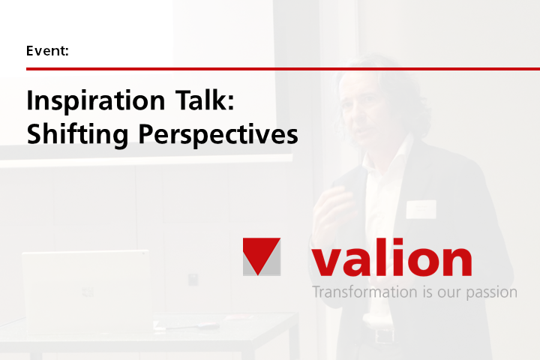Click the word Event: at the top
(x=48, y=52)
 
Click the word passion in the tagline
(x=492, y=292)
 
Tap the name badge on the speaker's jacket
(x=421, y=208)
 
